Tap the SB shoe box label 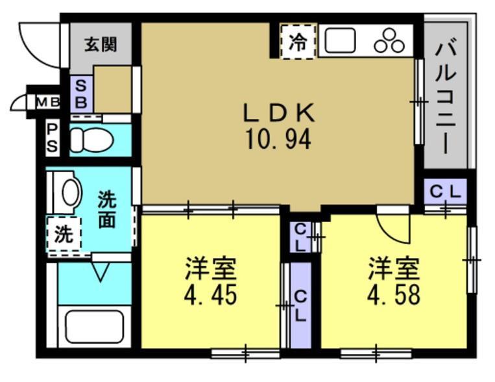click(x=82, y=94)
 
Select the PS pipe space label click(x=52, y=138)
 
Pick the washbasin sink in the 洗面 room click(x=71, y=192)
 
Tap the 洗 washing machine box click(x=63, y=234)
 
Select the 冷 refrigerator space click(x=298, y=43)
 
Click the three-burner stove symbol click(x=390, y=41)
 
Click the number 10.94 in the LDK click(x=278, y=139)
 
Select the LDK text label click(x=278, y=114)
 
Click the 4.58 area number click(x=394, y=293)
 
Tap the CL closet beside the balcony click(x=446, y=191)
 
